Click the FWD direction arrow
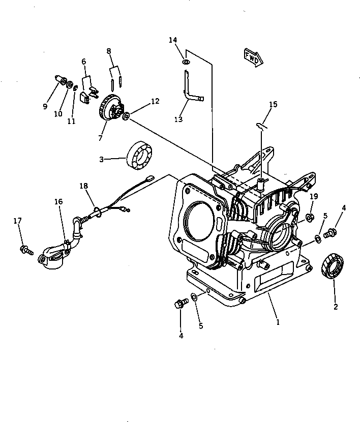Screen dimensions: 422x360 click(253, 57)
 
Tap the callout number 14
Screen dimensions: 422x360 click(173, 40)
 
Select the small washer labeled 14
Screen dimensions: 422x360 click(186, 62)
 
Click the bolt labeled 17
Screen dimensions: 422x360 click(25, 249)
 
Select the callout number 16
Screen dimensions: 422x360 click(58, 202)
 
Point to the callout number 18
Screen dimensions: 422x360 click(83, 186)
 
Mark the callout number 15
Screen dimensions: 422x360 click(273, 104)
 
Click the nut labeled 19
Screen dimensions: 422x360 click(309, 218)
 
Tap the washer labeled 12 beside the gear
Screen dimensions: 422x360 click(126, 116)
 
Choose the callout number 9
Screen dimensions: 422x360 click(45, 106)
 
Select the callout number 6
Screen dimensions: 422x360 click(84, 62)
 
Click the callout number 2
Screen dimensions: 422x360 click(335, 307)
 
